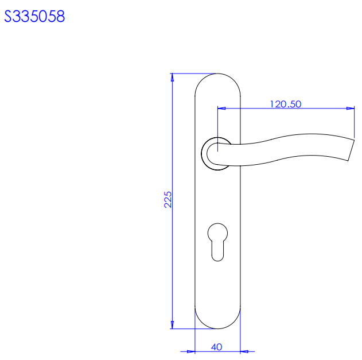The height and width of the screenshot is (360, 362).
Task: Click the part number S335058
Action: (x=34, y=16)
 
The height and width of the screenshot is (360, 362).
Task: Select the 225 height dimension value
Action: (x=168, y=199)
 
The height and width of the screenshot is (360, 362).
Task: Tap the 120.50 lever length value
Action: (x=286, y=104)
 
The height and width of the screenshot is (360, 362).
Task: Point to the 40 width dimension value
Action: (x=216, y=347)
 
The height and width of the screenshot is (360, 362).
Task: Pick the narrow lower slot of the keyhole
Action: (x=217, y=251)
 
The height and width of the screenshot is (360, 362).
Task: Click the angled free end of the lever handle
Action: (x=351, y=150)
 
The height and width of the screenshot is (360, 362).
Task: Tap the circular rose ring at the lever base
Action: (x=202, y=154)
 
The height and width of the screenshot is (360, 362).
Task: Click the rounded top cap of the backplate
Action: (x=217, y=74)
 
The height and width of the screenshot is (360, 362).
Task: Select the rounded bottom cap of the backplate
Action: (x=217, y=328)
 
